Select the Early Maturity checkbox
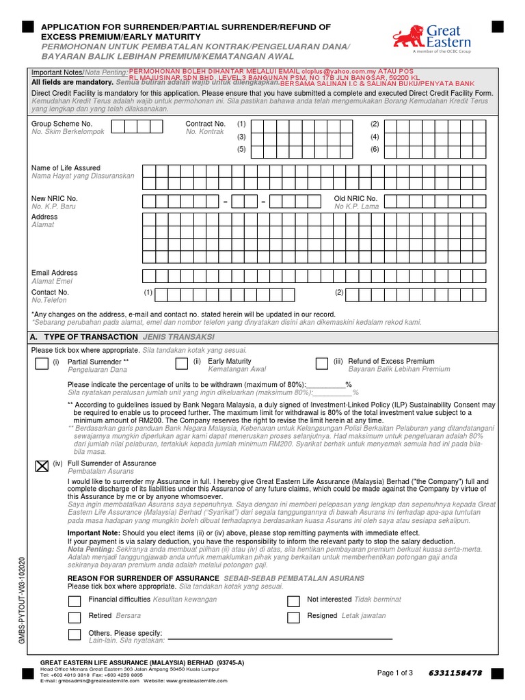182,364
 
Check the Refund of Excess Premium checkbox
322,364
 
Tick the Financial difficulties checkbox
75,602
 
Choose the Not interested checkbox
293,602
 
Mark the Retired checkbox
75,618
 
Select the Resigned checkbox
293,618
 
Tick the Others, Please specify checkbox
75,635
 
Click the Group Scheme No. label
62,124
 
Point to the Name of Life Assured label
66,167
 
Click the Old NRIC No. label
355,198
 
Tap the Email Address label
55,273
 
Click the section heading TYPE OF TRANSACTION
90,337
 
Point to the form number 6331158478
455,673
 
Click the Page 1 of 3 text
395,673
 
